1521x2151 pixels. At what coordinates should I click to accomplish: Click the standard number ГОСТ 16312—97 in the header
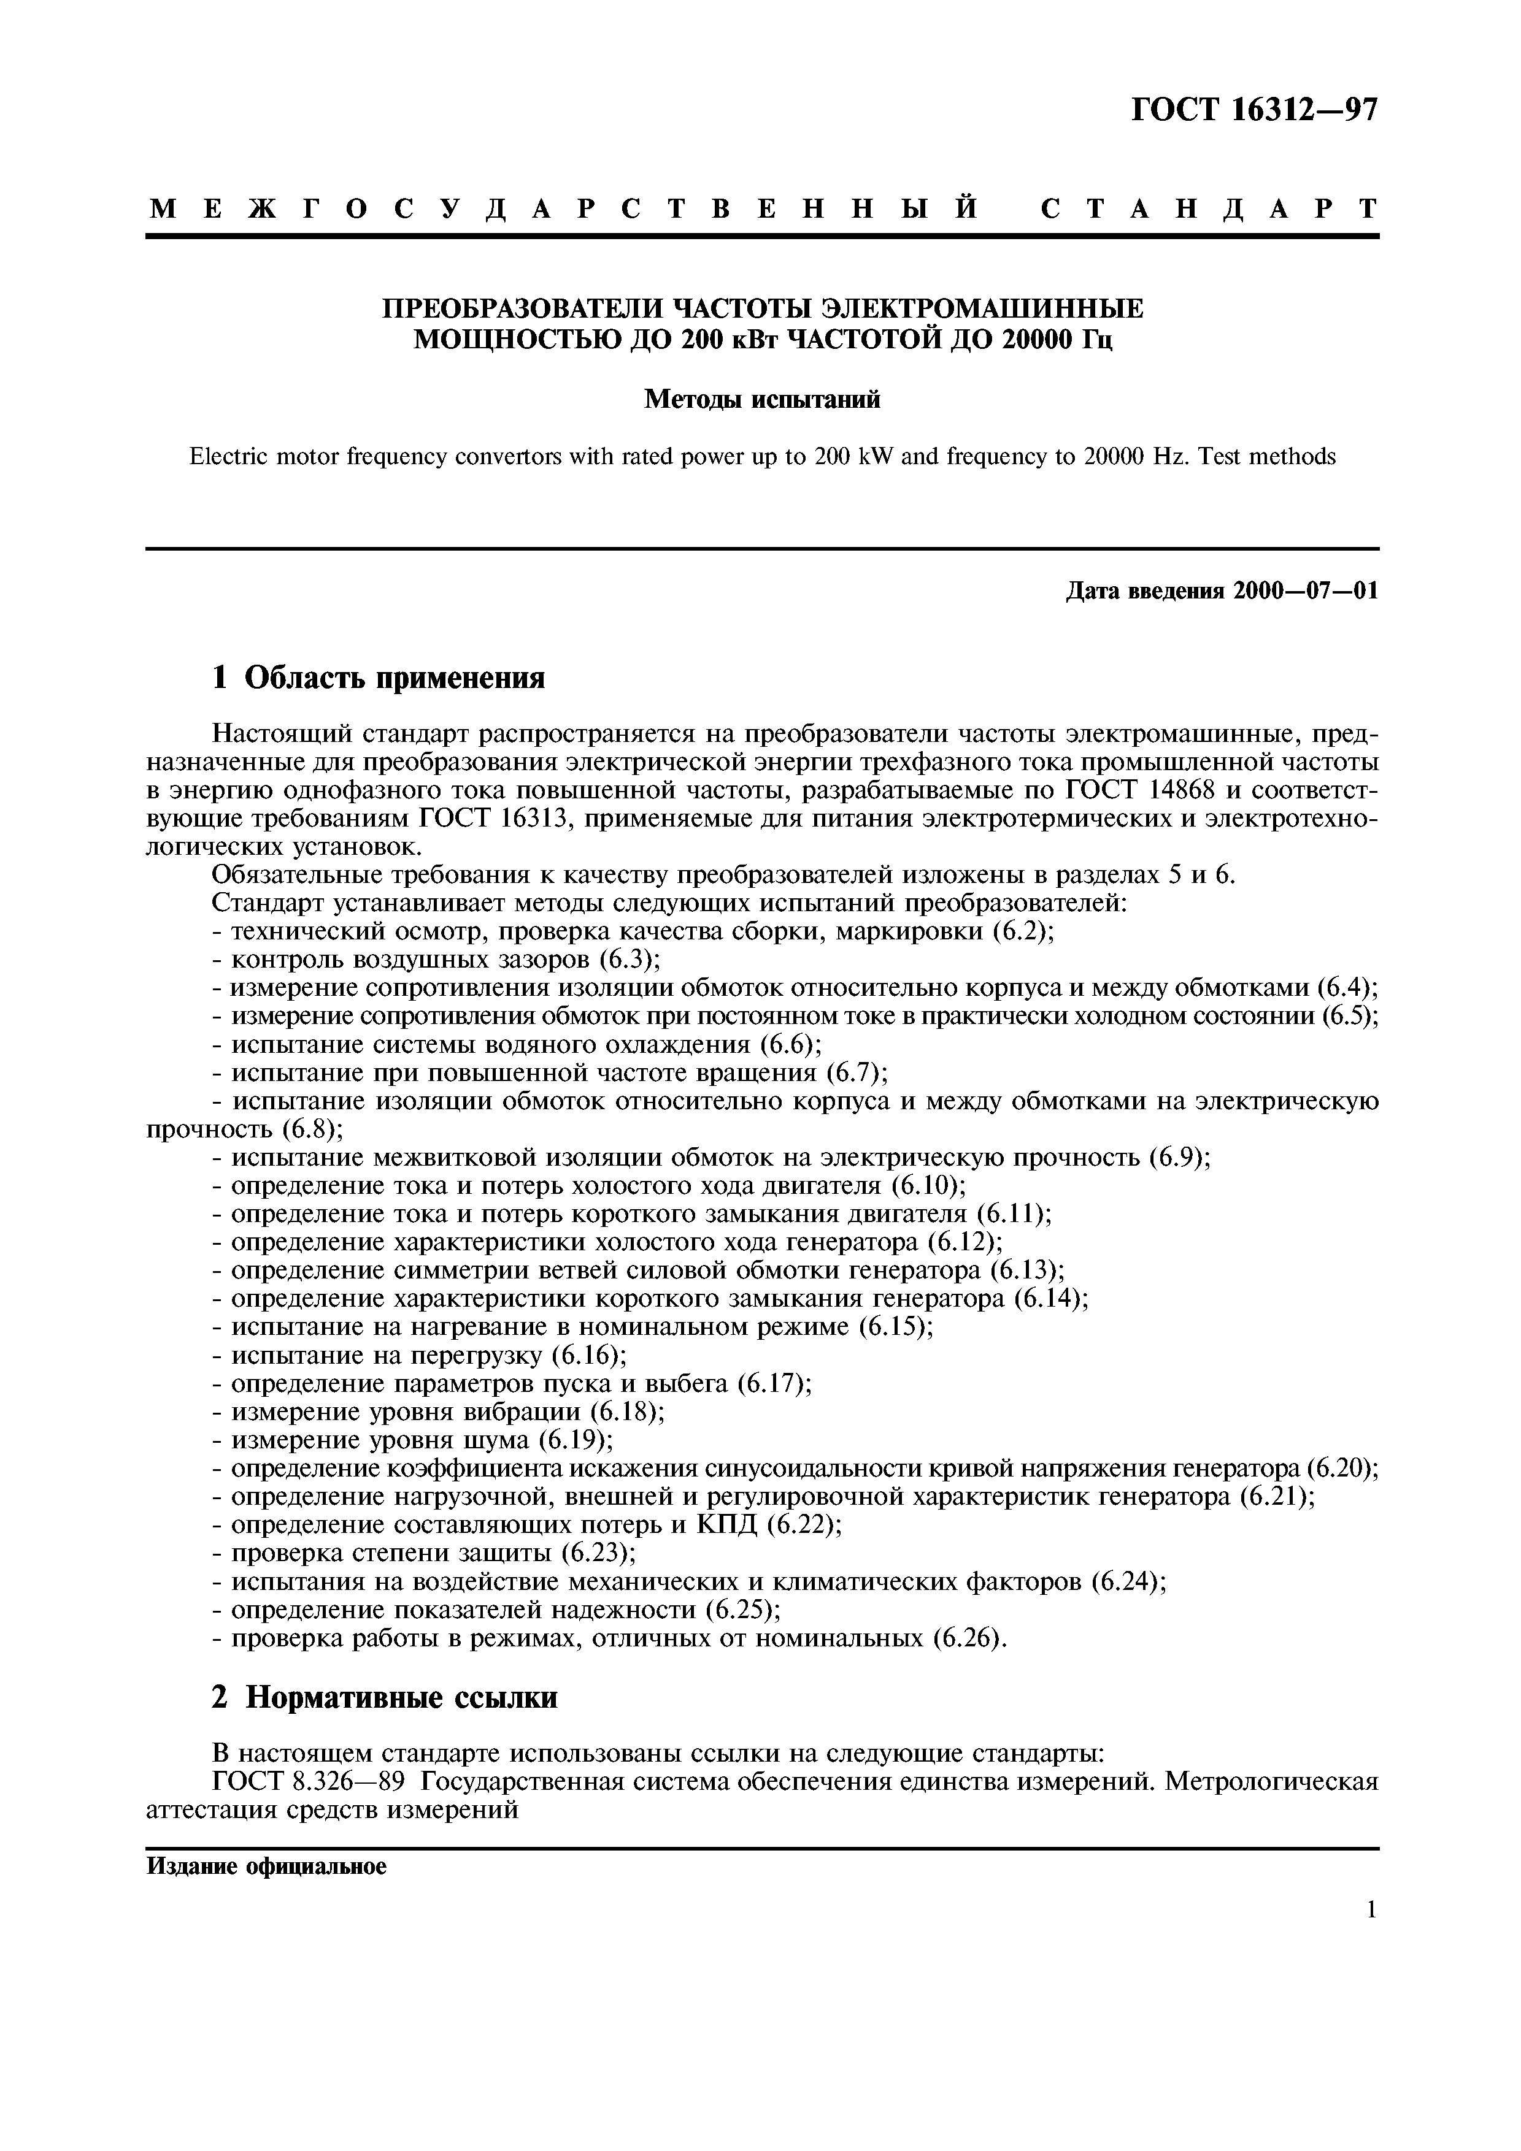coord(1255,110)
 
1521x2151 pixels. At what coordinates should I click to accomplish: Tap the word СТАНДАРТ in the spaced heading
coord(1209,208)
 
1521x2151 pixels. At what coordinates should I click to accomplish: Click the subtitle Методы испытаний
coord(762,400)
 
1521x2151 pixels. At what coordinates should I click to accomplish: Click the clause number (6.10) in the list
coord(928,1186)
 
